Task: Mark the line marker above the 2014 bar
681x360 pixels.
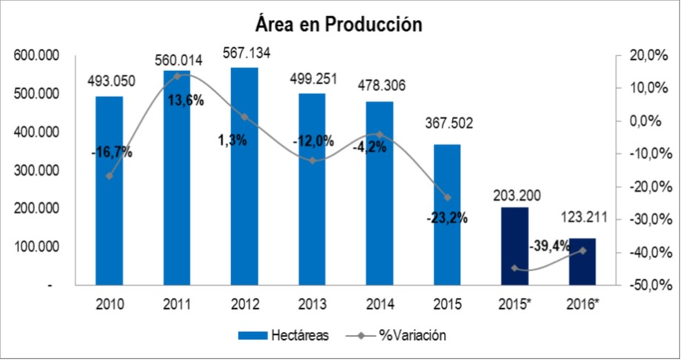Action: tap(379, 134)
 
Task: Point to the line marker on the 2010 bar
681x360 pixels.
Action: tap(110, 176)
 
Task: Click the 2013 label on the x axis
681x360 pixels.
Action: tap(312, 304)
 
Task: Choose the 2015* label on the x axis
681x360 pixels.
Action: tap(514, 304)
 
